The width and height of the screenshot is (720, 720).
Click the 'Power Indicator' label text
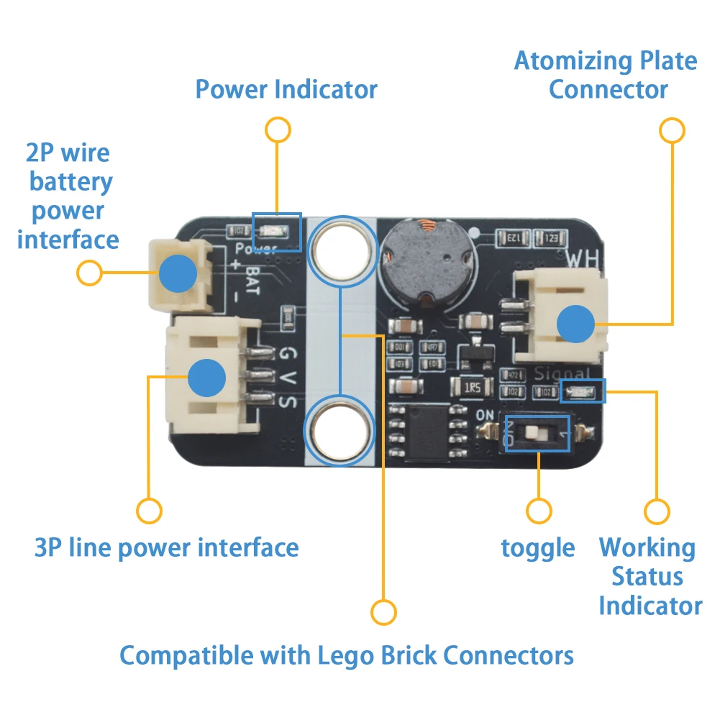pyautogui.click(x=286, y=90)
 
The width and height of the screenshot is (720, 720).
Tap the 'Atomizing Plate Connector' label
pyautogui.click(x=606, y=75)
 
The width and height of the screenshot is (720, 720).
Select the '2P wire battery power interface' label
pyautogui.click(x=69, y=196)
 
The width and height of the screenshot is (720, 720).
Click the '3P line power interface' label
pyautogui.click(x=166, y=547)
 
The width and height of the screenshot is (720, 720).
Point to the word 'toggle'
pyautogui.click(x=538, y=548)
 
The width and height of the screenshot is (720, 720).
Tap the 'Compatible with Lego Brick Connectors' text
pyautogui.click(x=346, y=655)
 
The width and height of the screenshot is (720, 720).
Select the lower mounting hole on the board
pyautogui.click(x=342, y=432)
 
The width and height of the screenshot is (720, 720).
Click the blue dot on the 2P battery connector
pyautogui.click(x=178, y=273)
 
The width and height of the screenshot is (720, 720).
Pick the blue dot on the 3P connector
pyautogui.click(x=207, y=378)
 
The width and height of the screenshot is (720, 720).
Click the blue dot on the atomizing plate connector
pyautogui.click(x=576, y=324)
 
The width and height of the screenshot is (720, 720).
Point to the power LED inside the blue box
pyautogui.click(x=277, y=232)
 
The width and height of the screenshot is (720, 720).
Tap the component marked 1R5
pyautogui.click(x=473, y=388)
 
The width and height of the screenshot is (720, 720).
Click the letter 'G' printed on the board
pyautogui.click(x=286, y=355)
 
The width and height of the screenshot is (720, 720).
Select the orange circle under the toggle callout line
pyautogui.click(x=539, y=511)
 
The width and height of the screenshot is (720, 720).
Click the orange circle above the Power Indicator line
pyautogui.click(x=278, y=130)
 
